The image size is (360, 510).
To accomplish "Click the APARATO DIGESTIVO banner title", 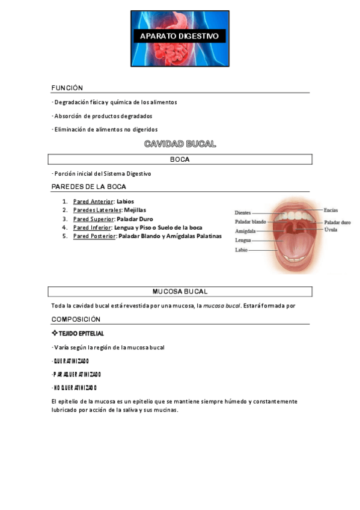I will pos(180,37).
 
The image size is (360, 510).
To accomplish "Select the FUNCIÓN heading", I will pos(67,88).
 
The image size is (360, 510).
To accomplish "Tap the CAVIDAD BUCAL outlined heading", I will pos(180,144).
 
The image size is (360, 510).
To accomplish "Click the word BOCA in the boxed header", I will pos(180,159).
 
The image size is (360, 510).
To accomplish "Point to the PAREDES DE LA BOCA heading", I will pos(88,186).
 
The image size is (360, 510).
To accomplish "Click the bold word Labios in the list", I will pos(126,201).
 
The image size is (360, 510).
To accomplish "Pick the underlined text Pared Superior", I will pos(93,219).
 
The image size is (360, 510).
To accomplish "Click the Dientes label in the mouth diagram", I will pos(243,212).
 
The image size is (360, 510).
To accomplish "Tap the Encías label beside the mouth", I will pos(331,210).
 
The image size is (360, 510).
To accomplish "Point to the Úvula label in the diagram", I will pos(331,230).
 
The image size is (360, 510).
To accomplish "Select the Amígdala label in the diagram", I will pos(245,231).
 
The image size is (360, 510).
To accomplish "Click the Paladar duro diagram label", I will pos(337,222).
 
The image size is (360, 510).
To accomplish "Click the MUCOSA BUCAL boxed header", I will pos(180,292).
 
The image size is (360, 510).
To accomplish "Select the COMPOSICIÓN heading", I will pos(76,319).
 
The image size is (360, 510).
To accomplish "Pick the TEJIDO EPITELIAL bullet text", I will pos(81,333).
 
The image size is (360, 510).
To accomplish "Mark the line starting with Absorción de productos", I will pos(103,115).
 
